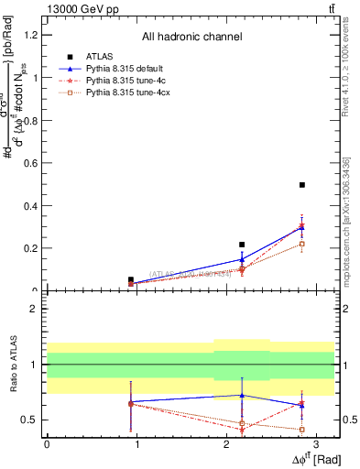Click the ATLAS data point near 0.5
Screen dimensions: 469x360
click(301, 185)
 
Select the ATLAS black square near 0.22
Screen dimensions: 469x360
click(242, 245)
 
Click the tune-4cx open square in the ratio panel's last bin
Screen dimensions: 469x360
click(301, 429)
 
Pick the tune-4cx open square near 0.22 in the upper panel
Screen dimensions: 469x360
click(301, 244)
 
